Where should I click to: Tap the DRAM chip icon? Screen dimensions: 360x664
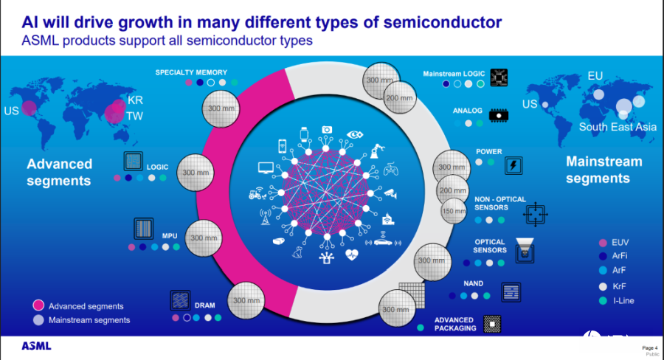(x=180, y=300)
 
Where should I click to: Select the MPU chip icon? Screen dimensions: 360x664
(x=143, y=228)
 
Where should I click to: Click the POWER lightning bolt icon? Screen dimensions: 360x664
(x=511, y=165)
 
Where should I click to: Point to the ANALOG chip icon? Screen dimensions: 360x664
(x=499, y=114)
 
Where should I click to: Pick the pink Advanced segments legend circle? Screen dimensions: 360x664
(x=37, y=305)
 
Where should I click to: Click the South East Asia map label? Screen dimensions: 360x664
(x=617, y=127)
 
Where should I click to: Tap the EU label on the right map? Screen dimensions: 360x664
(x=595, y=76)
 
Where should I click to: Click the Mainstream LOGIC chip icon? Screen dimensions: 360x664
(x=499, y=76)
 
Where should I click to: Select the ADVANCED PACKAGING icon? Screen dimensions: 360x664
(x=491, y=324)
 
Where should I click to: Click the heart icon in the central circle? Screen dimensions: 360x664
(x=351, y=255)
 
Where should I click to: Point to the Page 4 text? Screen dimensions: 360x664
(x=649, y=347)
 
